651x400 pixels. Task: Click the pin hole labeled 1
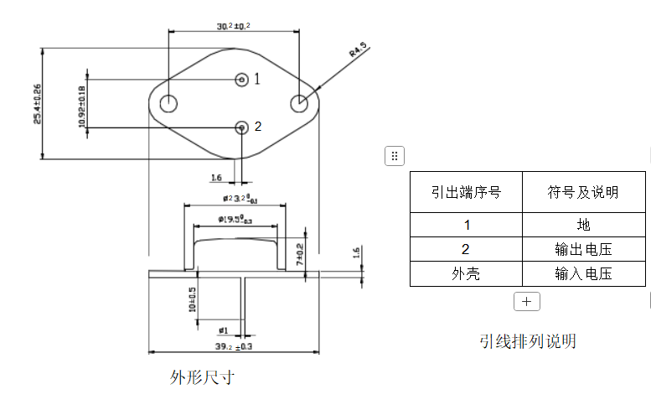(242, 80)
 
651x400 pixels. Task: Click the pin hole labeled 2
(242, 127)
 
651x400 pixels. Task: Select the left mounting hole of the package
(168, 103)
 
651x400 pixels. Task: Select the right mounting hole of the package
(298, 103)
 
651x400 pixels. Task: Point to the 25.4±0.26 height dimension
(37, 103)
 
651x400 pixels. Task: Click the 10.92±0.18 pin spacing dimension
(81, 105)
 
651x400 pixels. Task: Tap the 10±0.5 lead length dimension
(192, 299)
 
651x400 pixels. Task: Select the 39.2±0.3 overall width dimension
(235, 346)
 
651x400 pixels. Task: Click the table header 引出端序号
(466, 193)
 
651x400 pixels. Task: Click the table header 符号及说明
(583, 193)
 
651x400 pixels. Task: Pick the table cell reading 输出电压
(583, 249)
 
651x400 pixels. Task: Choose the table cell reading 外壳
(466, 273)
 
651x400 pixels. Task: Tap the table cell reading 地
(583, 225)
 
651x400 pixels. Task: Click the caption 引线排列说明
(528, 341)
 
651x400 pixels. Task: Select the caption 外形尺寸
(201, 377)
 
